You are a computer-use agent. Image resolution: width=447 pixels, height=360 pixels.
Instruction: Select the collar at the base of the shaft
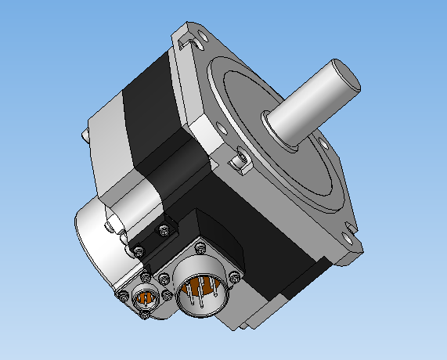276,128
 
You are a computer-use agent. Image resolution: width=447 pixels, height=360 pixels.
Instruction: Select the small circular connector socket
146,297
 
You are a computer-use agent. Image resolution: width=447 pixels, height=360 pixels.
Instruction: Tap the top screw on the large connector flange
199,248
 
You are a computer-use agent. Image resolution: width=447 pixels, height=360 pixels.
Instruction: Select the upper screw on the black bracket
163,230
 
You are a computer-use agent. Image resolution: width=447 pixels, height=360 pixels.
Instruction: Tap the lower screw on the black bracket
139,250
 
